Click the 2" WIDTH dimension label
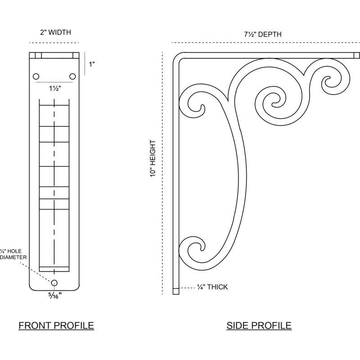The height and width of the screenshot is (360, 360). pyautogui.click(x=55, y=32)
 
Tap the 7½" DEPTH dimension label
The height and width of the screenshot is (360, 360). pyautogui.click(x=262, y=34)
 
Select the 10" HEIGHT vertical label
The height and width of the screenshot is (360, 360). pyautogui.click(x=153, y=158)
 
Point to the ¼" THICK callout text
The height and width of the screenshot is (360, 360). pyautogui.click(x=212, y=287)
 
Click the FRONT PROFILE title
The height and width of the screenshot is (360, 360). pyautogui.click(x=56, y=325)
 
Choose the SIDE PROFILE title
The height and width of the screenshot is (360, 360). pyautogui.click(x=259, y=325)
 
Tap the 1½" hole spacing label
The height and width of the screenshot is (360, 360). pyautogui.click(x=55, y=88)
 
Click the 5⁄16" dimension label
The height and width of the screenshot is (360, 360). pyautogui.click(x=55, y=296)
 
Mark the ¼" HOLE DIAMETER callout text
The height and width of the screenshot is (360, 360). pyautogui.click(x=13, y=254)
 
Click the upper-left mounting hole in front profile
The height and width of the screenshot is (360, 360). pyautogui.click(x=36, y=76)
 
